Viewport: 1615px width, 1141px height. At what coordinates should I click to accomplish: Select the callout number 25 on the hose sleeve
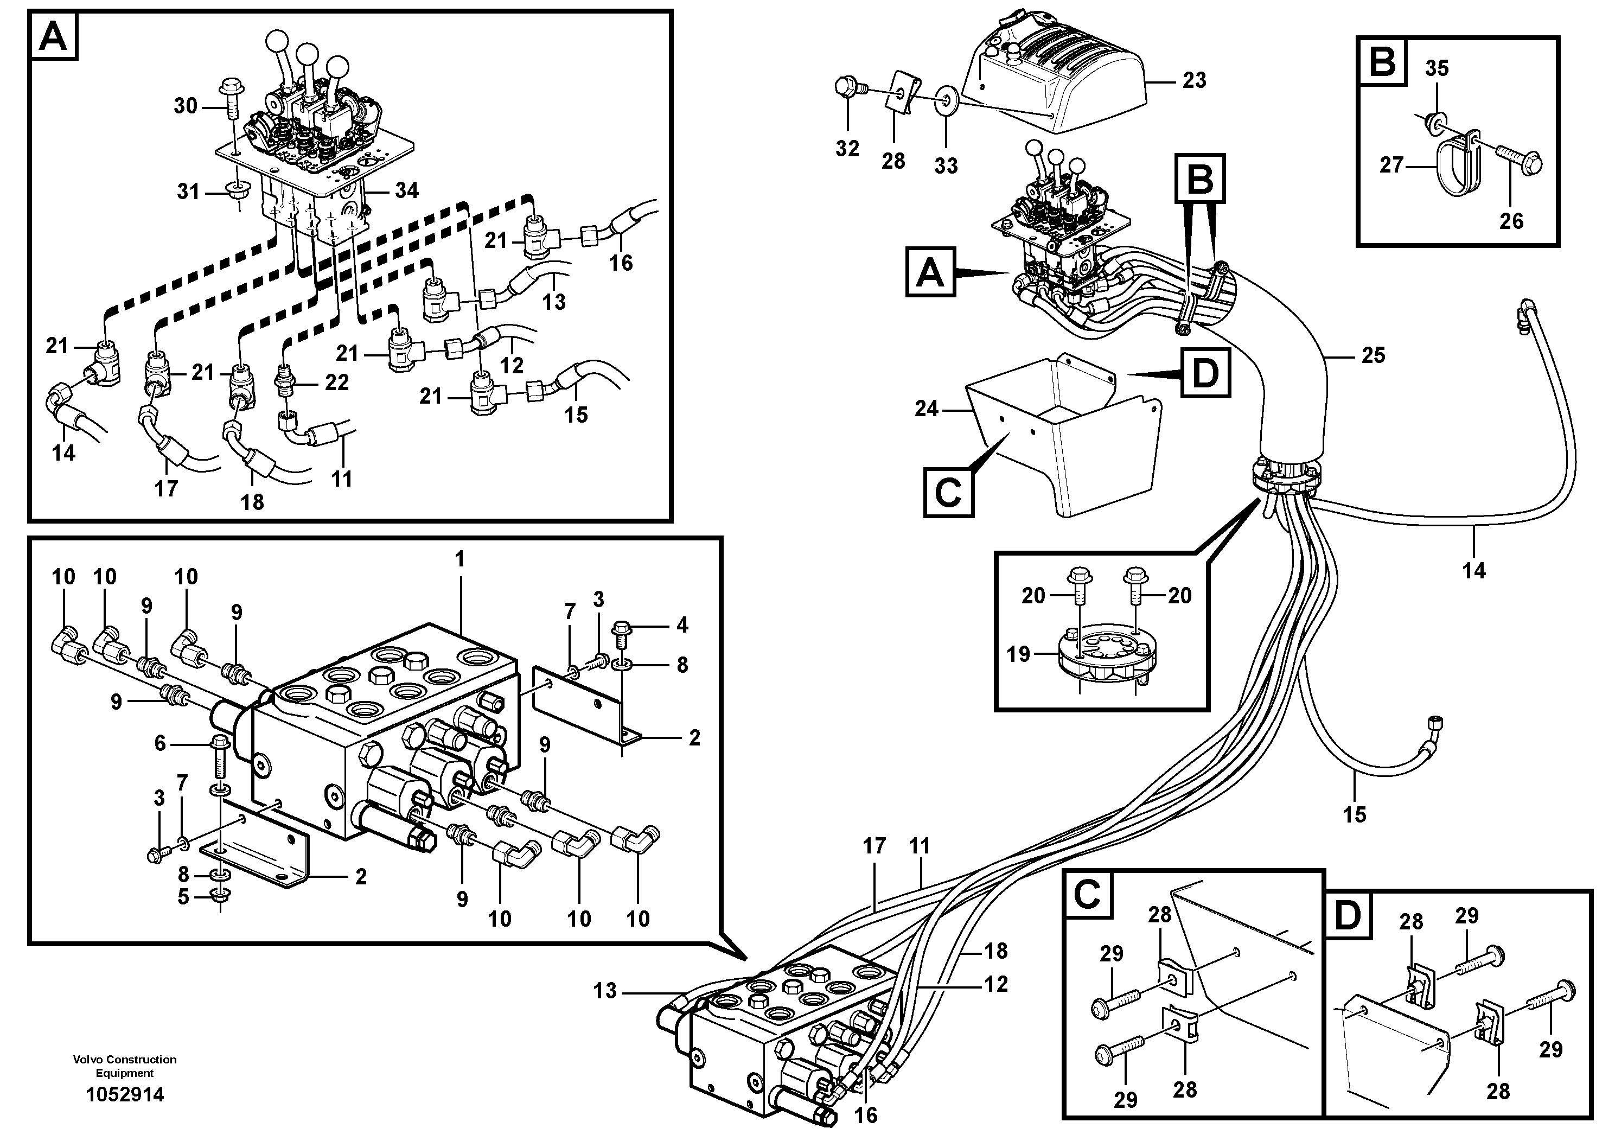tap(1373, 355)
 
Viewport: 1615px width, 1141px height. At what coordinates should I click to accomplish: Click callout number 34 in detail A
tap(406, 190)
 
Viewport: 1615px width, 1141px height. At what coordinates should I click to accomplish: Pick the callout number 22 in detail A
tap(336, 382)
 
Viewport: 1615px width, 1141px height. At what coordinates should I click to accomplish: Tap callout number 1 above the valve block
tap(459, 560)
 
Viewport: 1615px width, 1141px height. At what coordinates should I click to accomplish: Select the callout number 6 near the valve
tap(161, 743)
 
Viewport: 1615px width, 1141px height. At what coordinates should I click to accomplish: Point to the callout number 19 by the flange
tap(1018, 654)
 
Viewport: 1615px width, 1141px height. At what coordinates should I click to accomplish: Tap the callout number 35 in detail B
tap(1437, 68)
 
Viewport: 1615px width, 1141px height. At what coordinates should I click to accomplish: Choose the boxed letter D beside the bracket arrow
tap(1205, 372)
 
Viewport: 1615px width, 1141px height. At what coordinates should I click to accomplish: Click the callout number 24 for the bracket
tap(927, 409)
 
